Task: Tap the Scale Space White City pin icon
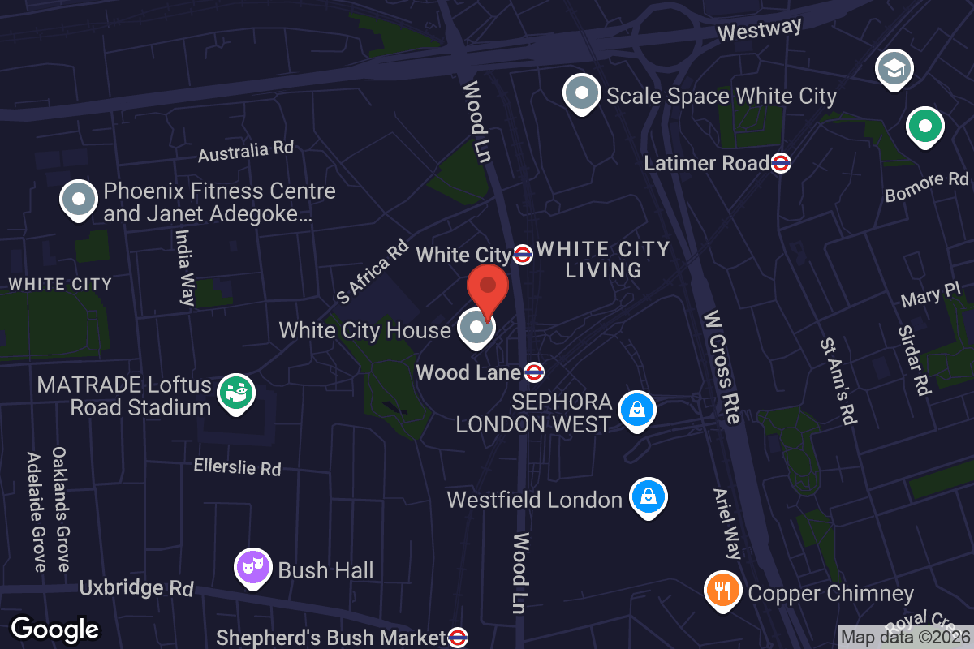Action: [x=581, y=93]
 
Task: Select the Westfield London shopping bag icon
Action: [x=648, y=496]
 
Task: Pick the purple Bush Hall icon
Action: [x=252, y=567]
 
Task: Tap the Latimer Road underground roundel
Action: [x=781, y=163]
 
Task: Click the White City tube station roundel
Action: [x=523, y=255]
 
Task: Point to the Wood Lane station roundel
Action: [x=533, y=372]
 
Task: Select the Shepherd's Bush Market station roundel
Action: [x=458, y=637]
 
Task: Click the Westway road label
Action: [x=760, y=30]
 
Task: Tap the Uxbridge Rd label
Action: [x=136, y=587]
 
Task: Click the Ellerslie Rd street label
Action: [x=237, y=467]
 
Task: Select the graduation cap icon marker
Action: [x=894, y=69]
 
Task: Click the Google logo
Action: [x=55, y=629]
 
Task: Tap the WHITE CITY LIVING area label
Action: [x=603, y=260]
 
